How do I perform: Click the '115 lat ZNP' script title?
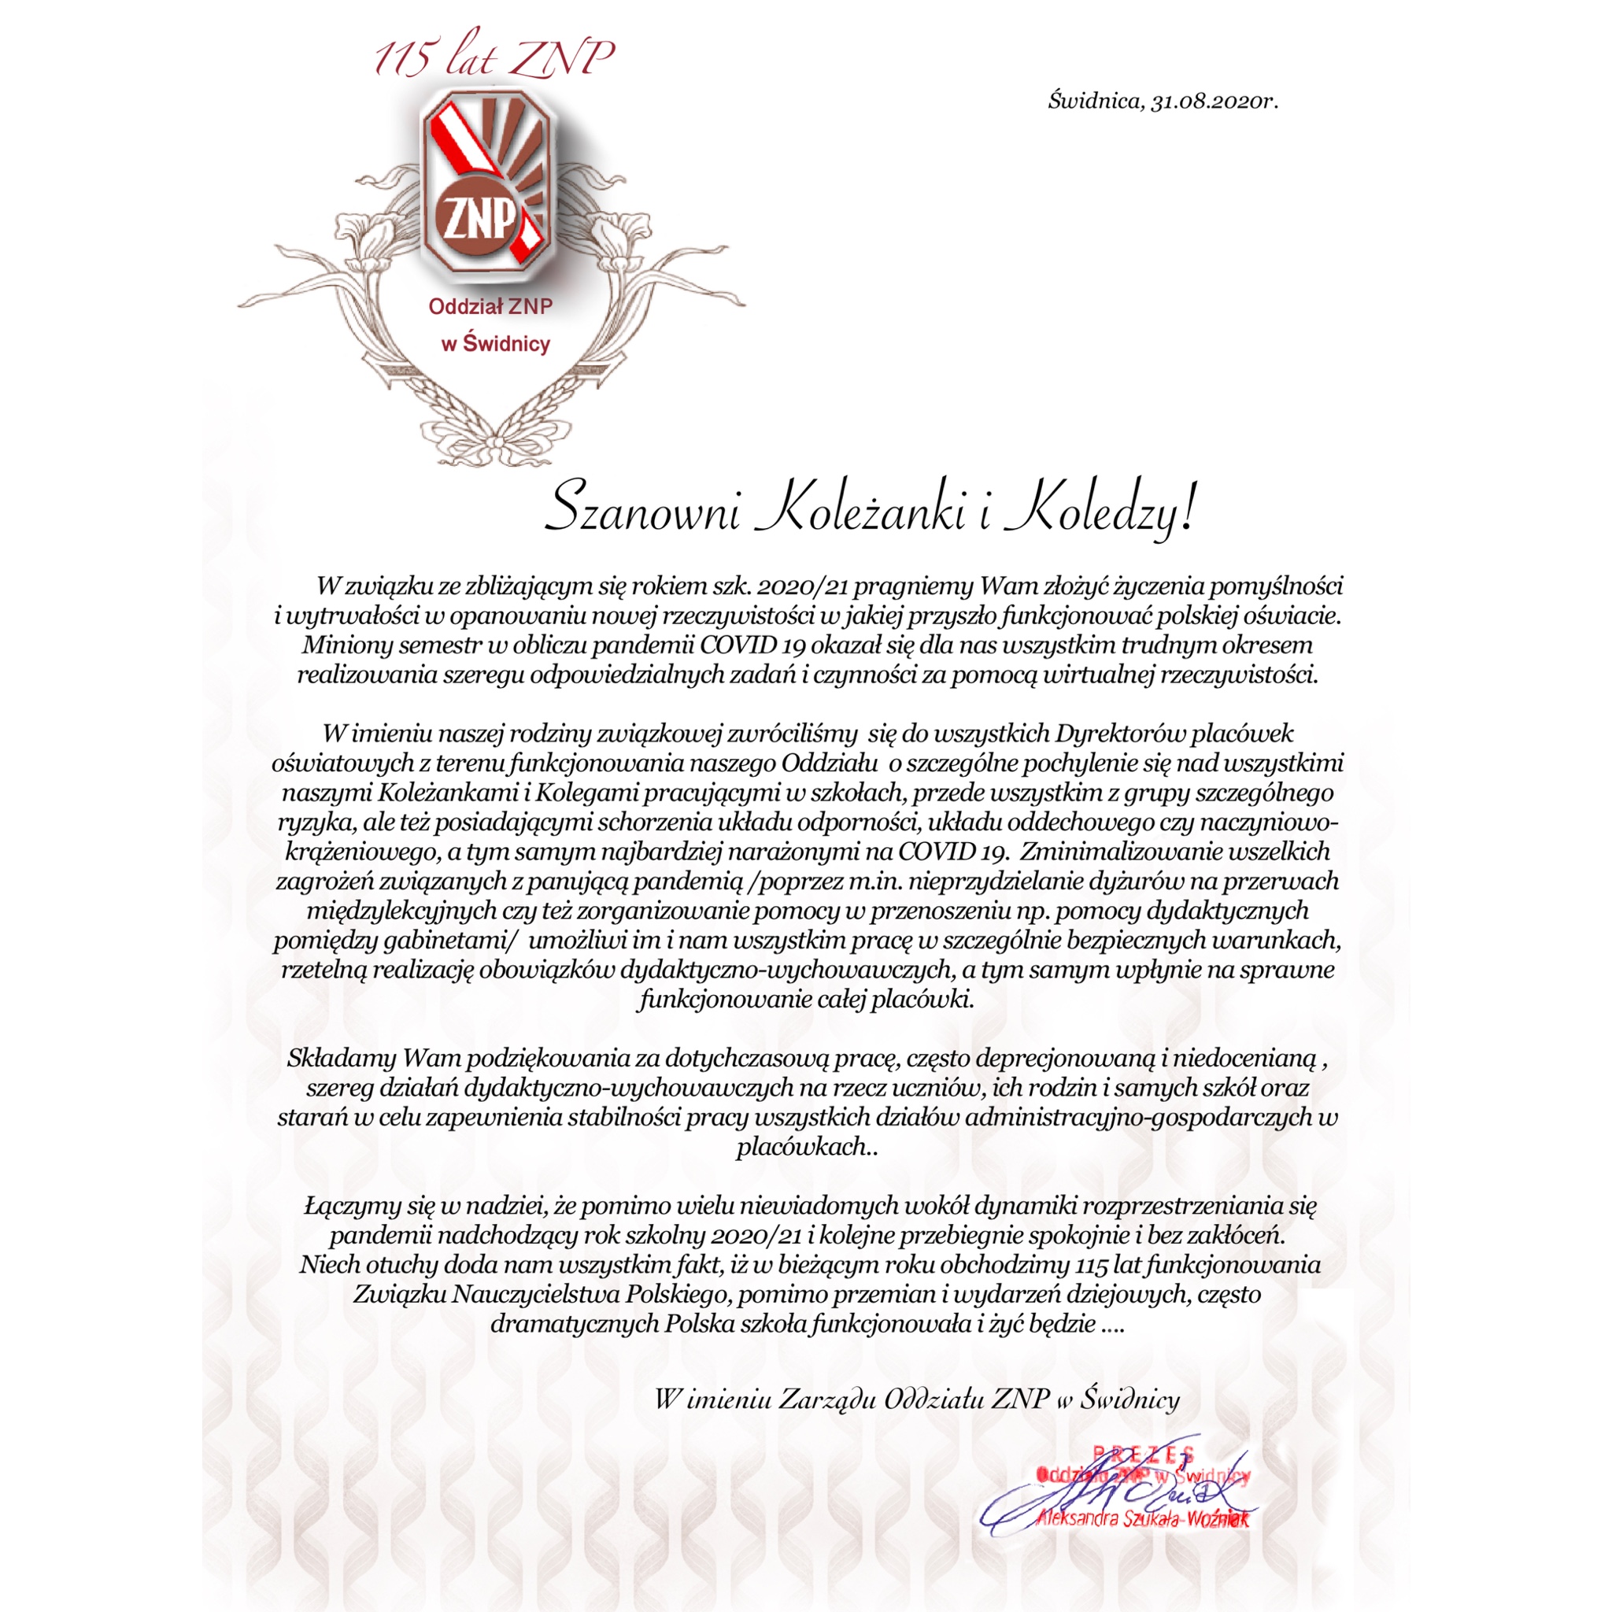[494, 58]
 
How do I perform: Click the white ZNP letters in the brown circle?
[479, 220]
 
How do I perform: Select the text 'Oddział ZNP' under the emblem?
[490, 307]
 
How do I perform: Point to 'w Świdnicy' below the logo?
[496, 343]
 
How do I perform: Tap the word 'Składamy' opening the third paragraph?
[342, 1059]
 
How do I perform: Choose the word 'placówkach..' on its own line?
[807, 1148]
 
